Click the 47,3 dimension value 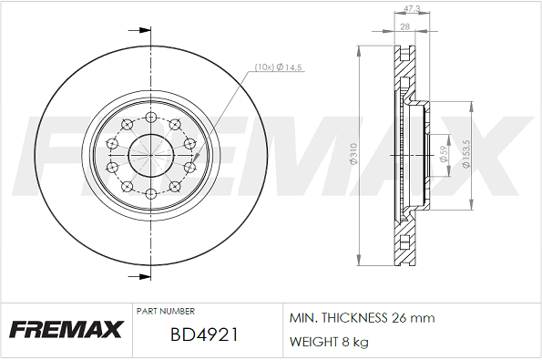pyautogui.click(x=412, y=8)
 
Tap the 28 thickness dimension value pyautogui.click(x=404, y=26)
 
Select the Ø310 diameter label pyautogui.click(x=353, y=154)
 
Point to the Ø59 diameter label pyautogui.click(x=444, y=154)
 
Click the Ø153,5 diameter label pyautogui.click(x=466, y=154)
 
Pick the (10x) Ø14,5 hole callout pyautogui.click(x=278, y=67)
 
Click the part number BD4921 pyautogui.click(x=204, y=334)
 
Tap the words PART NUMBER pyautogui.click(x=166, y=311)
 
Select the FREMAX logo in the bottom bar pyautogui.click(x=66, y=329)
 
